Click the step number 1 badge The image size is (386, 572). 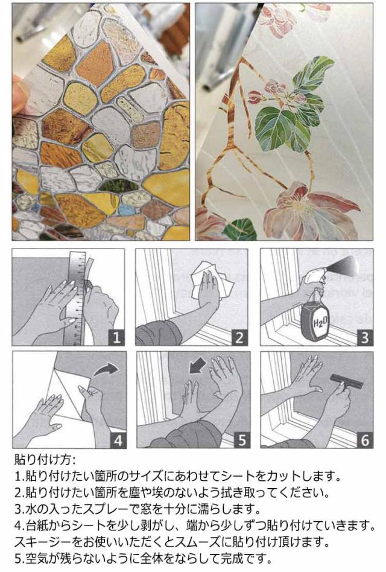coord(116,337)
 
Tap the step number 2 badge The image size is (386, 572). coord(239,337)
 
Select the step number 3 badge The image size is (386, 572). coord(364,337)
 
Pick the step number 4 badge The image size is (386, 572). coord(118,440)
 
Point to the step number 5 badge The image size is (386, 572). coord(242,440)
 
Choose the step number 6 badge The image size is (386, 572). coord(365,440)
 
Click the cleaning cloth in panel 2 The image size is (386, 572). coord(214,280)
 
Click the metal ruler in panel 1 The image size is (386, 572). coord(75,297)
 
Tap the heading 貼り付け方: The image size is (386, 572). coord(45,459)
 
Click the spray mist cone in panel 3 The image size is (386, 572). coord(344,265)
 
